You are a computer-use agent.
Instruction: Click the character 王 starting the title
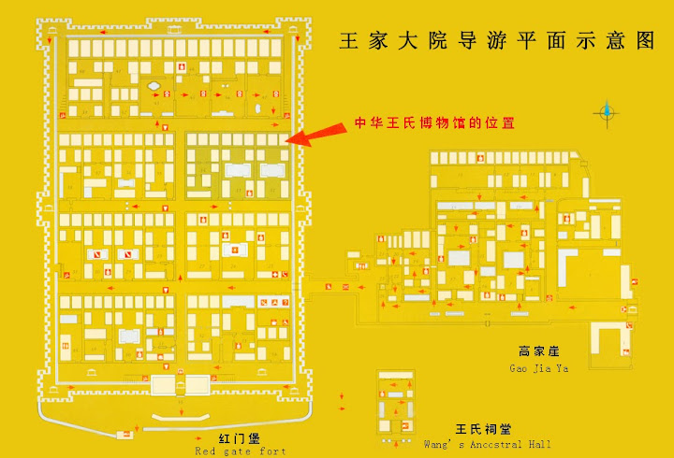(x=348, y=42)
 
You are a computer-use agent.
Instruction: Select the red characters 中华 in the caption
(x=365, y=122)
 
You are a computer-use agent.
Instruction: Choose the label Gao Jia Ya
(x=538, y=367)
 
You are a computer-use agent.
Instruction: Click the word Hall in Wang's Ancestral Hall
(x=539, y=444)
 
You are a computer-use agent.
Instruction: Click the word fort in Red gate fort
(x=271, y=451)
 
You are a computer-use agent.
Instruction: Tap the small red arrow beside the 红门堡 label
(x=197, y=437)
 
